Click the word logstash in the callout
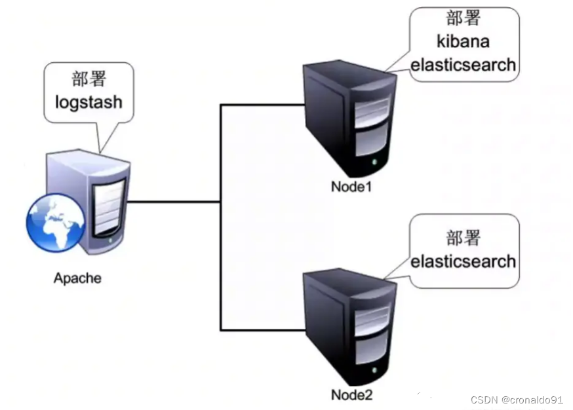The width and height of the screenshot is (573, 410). [89, 103]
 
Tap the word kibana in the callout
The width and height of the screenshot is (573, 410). [463, 41]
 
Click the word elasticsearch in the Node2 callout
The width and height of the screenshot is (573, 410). [463, 261]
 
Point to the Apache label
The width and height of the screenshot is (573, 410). [77, 278]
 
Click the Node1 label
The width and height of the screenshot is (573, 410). [351, 187]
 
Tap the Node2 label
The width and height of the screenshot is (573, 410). [351, 395]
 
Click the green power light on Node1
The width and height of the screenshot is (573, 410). [374, 162]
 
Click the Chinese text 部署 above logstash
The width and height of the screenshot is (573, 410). [89, 79]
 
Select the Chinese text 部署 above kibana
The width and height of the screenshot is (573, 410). [463, 17]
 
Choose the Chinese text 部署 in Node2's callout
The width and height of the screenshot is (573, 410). [463, 237]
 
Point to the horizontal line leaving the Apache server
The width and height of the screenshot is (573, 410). [174, 202]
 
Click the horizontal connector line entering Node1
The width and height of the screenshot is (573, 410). [262, 104]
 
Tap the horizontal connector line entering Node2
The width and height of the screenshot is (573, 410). [262, 329]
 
